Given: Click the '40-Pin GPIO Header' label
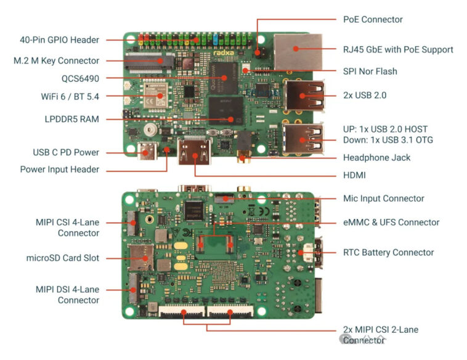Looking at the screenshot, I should pyautogui.click(x=59, y=40).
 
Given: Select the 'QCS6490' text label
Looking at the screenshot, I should pyautogui.click(x=80, y=78).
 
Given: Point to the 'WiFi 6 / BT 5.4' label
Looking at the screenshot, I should pyautogui.click(x=67, y=97).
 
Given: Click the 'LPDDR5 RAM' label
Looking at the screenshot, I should pyautogui.click(x=71, y=119).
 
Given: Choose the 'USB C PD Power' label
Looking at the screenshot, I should pyautogui.click(x=66, y=152).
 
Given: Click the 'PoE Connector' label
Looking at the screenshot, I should pyautogui.click(x=373, y=19).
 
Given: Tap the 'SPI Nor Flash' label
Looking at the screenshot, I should pyautogui.click(x=370, y=72).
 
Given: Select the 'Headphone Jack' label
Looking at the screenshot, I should pyautogui.click(x=376, y=158).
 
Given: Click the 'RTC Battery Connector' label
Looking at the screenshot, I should pyautogui.click(x=388, y=252).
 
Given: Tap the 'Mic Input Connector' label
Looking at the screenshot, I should pyautogui.click(x=383, y=198).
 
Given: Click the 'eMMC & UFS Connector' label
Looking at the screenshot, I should pyautogui.click(x=391, y=222).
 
